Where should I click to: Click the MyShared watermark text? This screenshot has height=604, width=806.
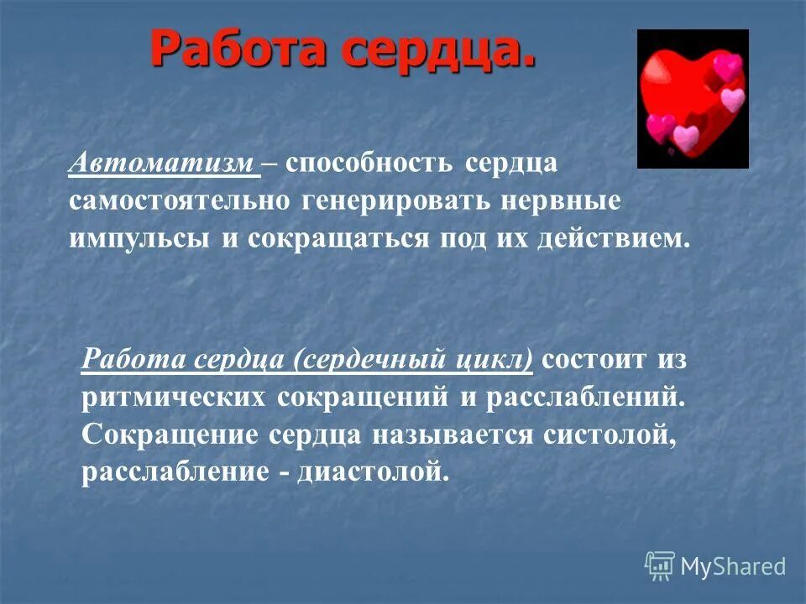click(733, 566)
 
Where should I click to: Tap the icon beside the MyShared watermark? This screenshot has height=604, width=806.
click(660, 566)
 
